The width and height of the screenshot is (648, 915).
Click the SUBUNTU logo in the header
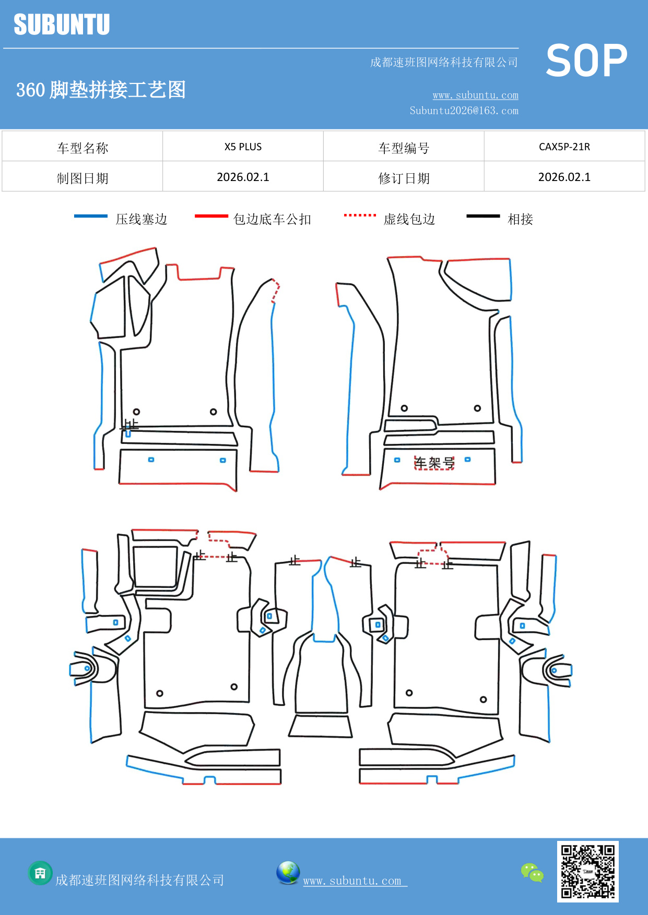(62, 25)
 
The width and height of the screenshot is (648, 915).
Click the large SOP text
(586, 61)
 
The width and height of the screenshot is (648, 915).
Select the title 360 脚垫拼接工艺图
(101, 90)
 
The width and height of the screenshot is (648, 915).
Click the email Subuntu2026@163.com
(464, 111)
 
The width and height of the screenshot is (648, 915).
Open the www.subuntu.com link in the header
(475, 95)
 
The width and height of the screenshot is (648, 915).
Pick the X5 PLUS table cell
(243, 147)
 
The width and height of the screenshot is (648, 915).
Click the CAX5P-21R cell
(564, 147)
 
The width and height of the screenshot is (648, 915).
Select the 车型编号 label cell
(404, 148)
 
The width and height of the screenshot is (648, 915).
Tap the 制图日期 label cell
(83, 178)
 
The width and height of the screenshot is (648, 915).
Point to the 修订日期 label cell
(404, 178)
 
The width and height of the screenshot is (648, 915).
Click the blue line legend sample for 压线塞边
(91, 216)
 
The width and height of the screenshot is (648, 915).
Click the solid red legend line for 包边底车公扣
(211, 216)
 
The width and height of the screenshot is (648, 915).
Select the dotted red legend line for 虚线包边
(360, 215)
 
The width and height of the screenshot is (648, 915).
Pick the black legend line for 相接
(483, 216)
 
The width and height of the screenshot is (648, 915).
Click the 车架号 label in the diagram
(434, 463)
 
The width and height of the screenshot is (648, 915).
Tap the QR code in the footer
(587, 871)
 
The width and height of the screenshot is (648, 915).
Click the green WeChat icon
(532, 873)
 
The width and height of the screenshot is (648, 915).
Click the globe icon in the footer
(288, 873)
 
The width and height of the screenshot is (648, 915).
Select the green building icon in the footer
(40, 873)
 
